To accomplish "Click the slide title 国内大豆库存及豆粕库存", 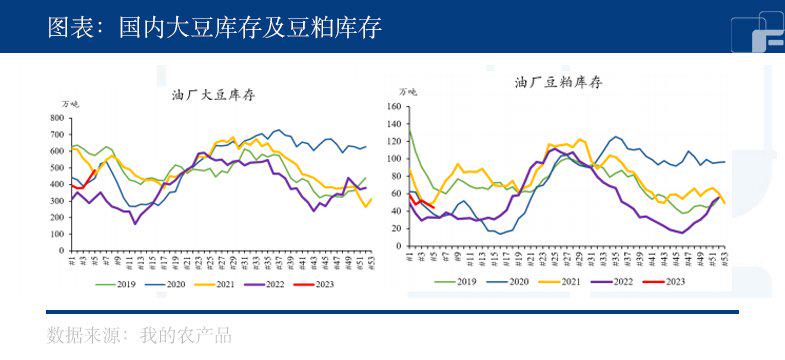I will coord(214,27).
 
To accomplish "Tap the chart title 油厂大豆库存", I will coord(215,95).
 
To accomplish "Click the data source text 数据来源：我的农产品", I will coord(139,335).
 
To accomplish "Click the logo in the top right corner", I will coord(756,30).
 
